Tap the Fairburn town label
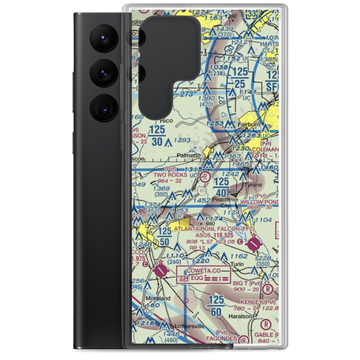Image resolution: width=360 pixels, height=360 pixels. click(x=249, y=125)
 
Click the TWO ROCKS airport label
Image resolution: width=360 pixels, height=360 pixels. click(x=170, y=175)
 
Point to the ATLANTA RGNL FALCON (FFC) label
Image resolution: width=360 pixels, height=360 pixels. click(x=214, y=229)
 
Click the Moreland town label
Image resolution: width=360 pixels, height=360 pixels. click(x=158, y=299)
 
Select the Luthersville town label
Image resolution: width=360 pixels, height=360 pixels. click(x=189, y=326)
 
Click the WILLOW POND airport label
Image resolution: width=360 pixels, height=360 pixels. click(x=260, y=202)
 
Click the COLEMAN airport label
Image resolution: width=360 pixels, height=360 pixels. click(x=266, y=149)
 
